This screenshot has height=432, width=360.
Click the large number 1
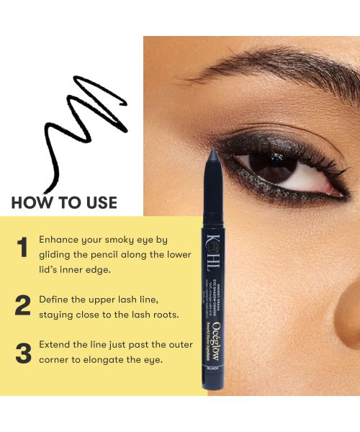tap(23, 247)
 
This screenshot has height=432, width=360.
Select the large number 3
tap(23, 352)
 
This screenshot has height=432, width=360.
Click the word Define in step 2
tap(57, 299)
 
